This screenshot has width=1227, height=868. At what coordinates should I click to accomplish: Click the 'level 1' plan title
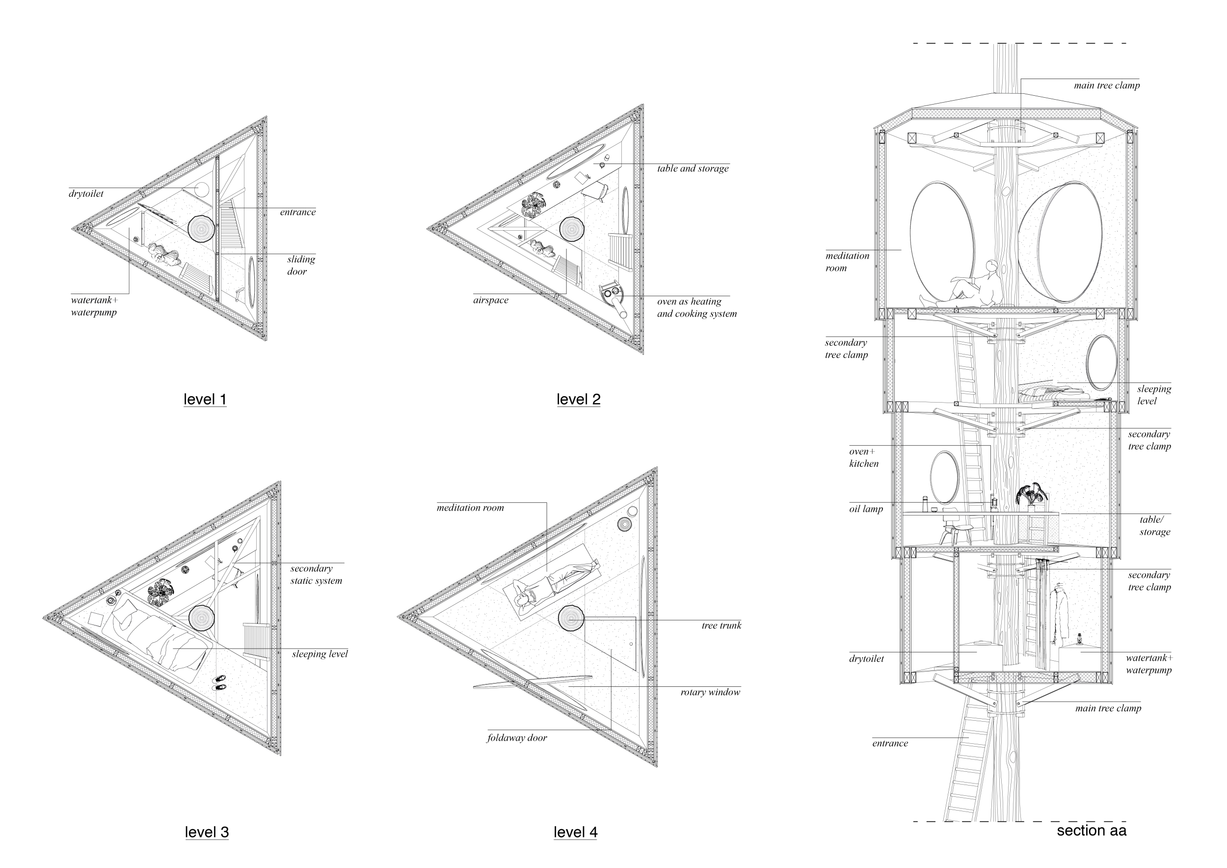coord(205,399)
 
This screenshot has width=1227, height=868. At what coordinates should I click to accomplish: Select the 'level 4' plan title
coord(576,832)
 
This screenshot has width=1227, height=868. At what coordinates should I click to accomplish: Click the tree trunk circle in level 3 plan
coord(201,618)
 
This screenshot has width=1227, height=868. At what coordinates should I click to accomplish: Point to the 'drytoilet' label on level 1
coord(86,193)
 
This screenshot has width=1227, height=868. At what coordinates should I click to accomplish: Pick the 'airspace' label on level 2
coord(491,300)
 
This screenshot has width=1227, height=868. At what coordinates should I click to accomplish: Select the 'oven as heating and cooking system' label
coord(697,307)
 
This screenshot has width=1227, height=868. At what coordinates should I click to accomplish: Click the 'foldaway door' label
coord(517,737)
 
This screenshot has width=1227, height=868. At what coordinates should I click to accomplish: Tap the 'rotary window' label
coord(710,692)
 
